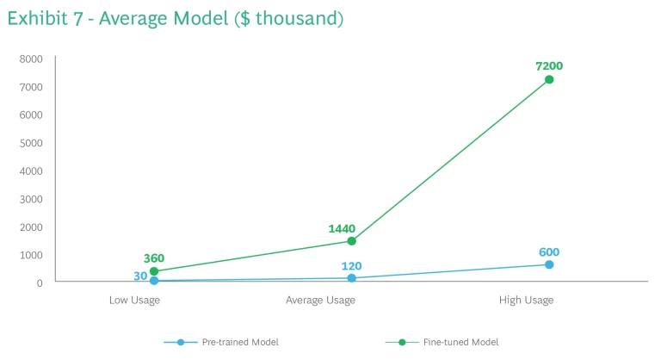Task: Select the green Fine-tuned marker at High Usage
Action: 549,79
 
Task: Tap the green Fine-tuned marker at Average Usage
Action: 351,241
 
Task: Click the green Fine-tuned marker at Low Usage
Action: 154,271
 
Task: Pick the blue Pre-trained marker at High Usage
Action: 549,264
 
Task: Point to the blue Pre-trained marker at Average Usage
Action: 351,278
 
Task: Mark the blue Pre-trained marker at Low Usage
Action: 154,281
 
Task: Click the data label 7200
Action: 548,65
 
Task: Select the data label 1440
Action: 342,228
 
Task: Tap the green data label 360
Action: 154,258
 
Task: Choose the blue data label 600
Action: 549,251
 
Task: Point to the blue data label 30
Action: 140,276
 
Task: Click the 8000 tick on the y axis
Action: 31,59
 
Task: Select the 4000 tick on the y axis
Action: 31,171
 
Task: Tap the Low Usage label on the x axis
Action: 134,300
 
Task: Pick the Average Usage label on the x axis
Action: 320,300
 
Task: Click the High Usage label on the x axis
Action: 526,300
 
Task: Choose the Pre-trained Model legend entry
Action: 239,342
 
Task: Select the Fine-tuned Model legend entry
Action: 460,342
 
